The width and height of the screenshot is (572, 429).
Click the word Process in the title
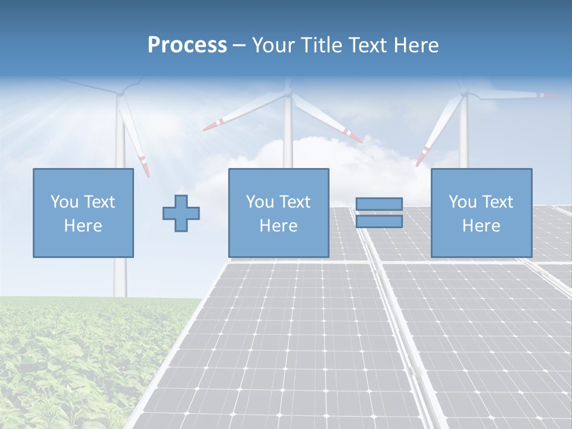[x=187, y=45]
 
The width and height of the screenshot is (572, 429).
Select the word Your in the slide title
[x=271, y=45]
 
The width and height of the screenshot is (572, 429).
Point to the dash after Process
[x=239, y=46]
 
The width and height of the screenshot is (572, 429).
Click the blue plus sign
[x=181, y=213]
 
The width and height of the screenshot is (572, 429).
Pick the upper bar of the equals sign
[x=379, y=204]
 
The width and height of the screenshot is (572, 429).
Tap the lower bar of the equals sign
[x=379, y=222]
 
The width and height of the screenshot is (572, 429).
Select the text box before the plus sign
[x=83, y=213]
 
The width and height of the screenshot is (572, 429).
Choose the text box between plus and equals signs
[x=278, y=213]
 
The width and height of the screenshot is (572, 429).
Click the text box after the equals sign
[x=481, y=213]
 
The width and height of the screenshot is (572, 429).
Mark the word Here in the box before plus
[x=83, y=226]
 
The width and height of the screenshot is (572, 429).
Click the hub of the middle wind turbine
[x=288, y=94]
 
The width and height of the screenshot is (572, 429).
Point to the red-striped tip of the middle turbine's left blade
[x=211, y=125]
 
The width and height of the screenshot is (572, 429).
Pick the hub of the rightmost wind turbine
[x=464, y=94]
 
